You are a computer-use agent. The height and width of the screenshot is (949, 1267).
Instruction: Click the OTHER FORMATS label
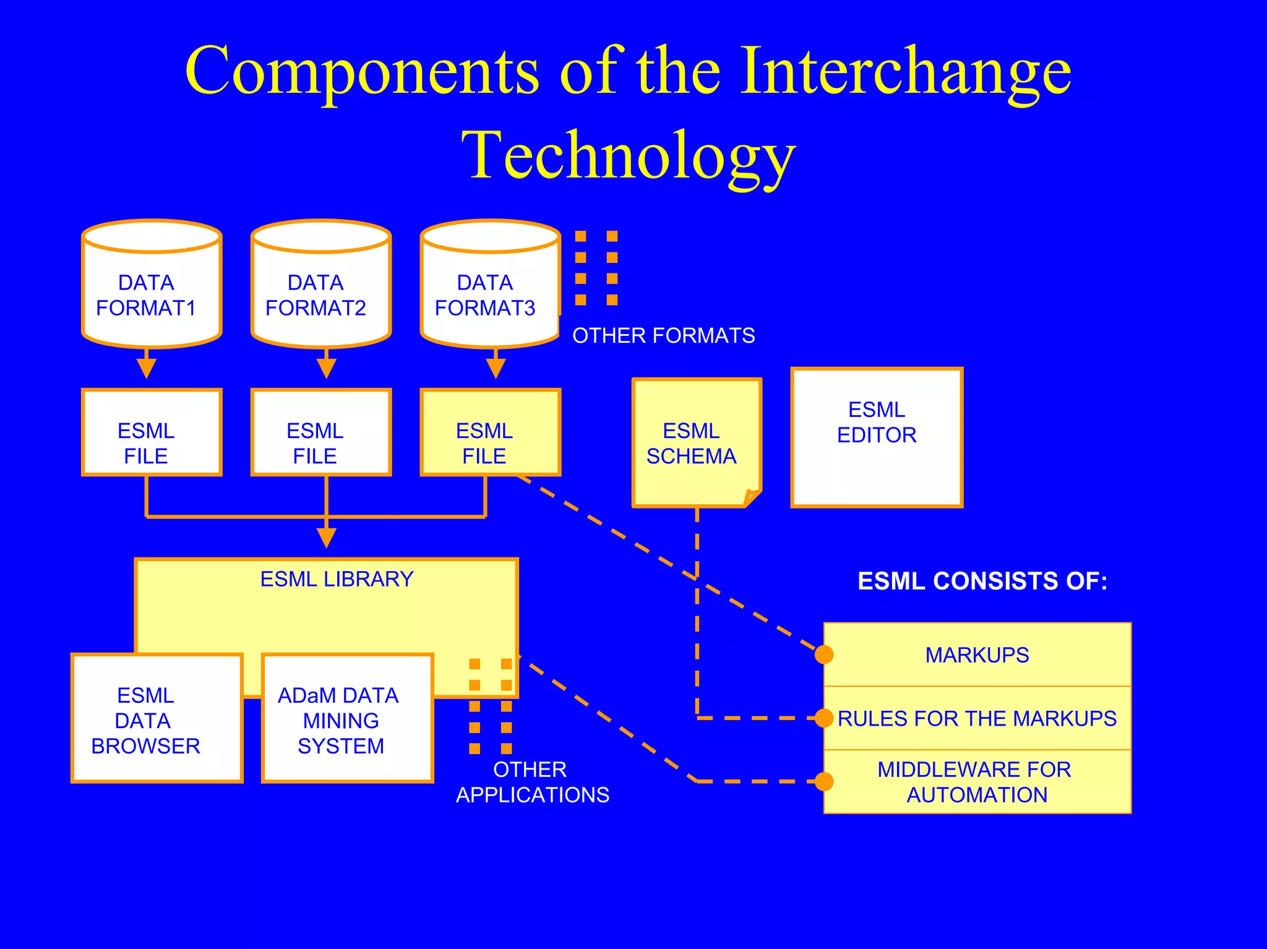click(663, 335)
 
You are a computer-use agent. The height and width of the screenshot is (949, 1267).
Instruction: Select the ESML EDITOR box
click(876, 437)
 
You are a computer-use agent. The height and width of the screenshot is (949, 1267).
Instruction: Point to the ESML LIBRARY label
click(337, 579)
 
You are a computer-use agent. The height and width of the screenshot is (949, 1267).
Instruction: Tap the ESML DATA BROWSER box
click(157, 718)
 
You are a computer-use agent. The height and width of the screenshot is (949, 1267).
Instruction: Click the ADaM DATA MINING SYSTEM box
click(346, 718)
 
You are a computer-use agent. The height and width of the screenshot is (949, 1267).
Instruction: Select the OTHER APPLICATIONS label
click(532, 782)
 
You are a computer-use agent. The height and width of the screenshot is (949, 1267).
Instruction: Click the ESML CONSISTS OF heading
click(982, 581)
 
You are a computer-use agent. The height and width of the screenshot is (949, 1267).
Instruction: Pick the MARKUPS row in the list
click(977, 655)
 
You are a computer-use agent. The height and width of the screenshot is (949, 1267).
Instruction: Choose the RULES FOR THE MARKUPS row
click(977, 718)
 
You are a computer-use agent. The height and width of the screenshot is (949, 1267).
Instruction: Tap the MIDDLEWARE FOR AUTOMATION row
click(977, 782)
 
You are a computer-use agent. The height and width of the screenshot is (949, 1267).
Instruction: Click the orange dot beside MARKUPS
click(823, 655)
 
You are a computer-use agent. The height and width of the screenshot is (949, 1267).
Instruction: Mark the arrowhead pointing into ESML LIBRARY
click(326, 537)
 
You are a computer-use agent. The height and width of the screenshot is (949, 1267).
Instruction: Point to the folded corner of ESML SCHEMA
click(751, 497)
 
